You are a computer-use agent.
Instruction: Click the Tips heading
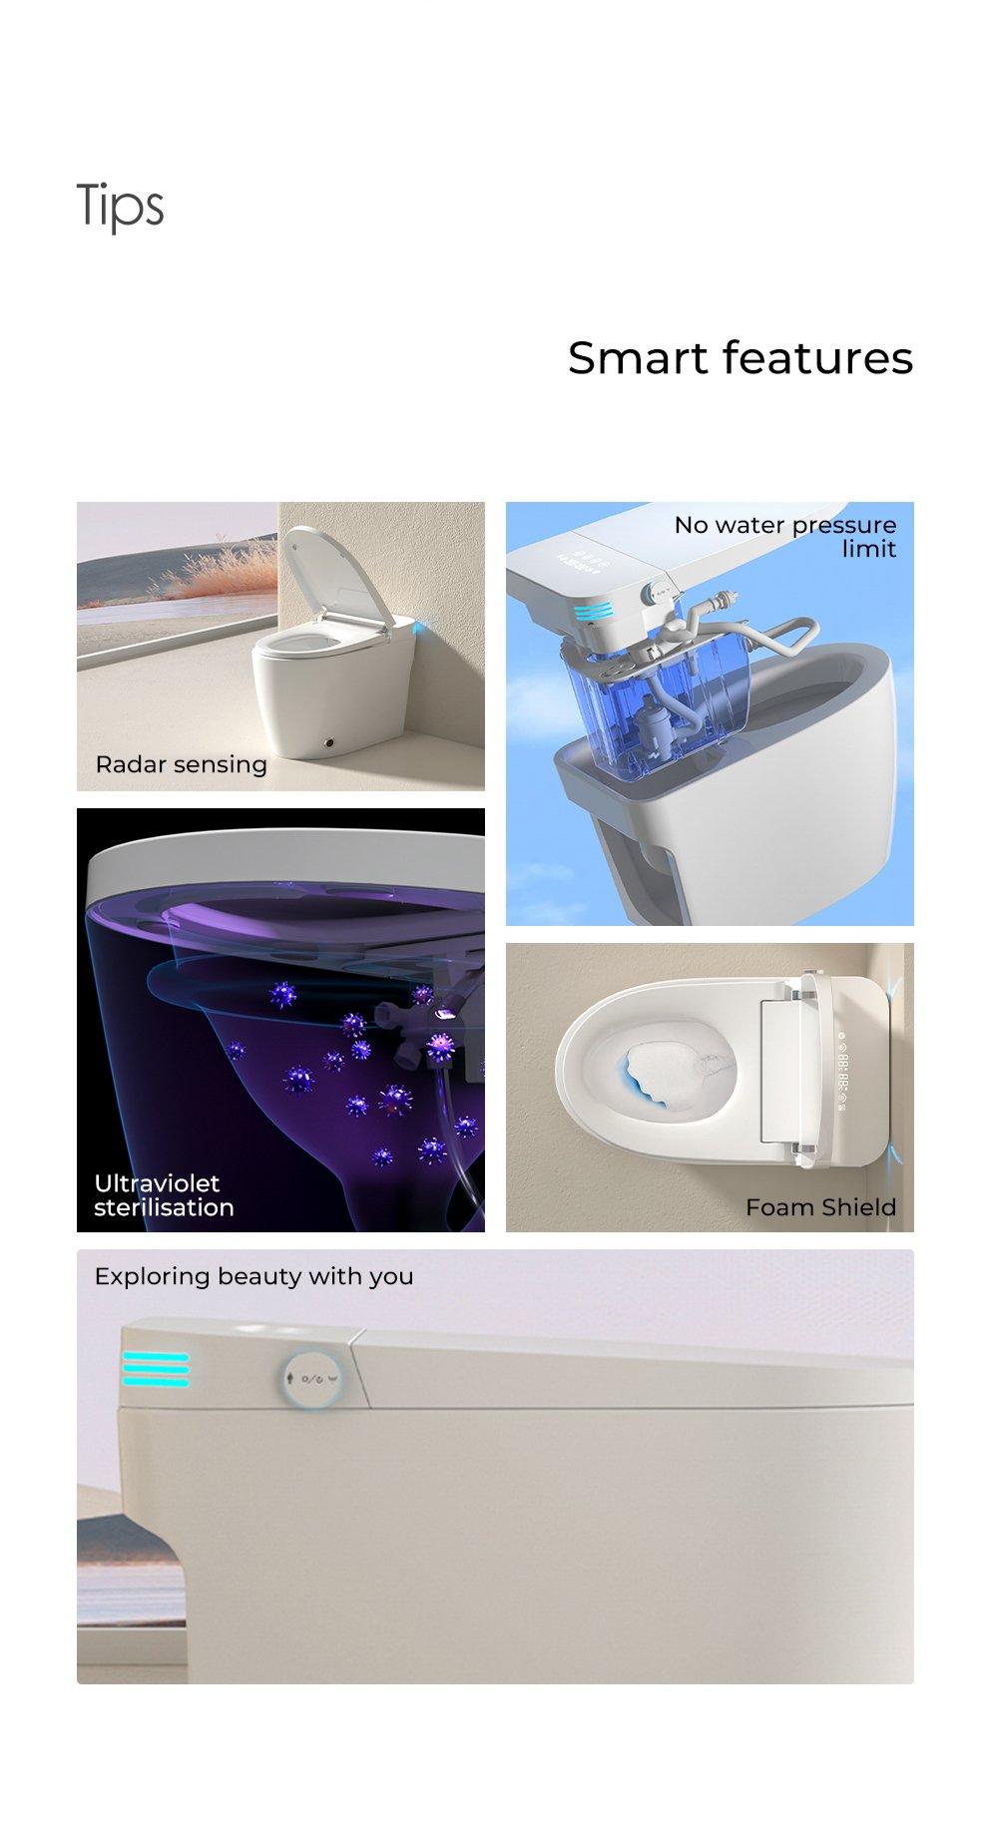coord(120,207)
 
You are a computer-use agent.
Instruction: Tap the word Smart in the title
coord(641,358)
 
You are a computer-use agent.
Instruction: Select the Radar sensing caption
coord(182,765)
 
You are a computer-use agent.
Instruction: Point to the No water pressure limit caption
coord(785,537)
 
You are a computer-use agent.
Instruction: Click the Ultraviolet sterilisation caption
coord(164,1195)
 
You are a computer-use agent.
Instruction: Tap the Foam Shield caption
coord(820,1207)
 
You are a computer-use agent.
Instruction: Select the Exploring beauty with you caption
coord(253,1276)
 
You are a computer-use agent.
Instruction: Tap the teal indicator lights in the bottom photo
coord(156,1368)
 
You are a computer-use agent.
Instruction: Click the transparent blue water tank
coord(654,703)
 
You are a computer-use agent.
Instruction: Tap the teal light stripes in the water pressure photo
coord(593,611)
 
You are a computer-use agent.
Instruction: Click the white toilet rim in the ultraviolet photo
coord(284,860)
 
